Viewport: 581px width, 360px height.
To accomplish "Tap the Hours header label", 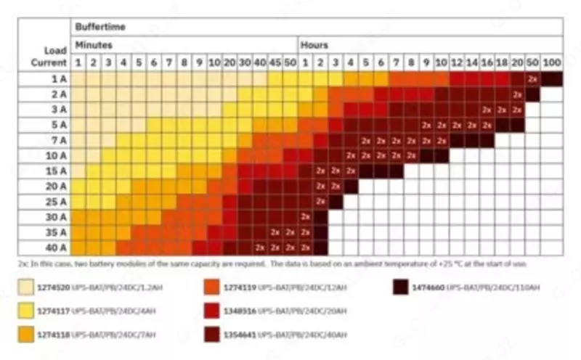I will click(314, 45).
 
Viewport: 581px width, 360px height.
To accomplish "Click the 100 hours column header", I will click(551, 63).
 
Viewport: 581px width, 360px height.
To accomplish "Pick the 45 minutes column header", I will click(275, 63).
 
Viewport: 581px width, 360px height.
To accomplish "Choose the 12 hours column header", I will click(457, 63).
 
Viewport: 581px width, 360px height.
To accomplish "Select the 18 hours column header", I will click(502, 63).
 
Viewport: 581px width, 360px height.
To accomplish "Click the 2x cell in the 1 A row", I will click(532, 78).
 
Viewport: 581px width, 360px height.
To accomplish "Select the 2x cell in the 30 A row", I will click(306, 217).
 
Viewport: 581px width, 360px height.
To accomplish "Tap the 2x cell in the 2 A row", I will click(517, 94).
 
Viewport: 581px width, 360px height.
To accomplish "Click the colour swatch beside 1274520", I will click(29, 288).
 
